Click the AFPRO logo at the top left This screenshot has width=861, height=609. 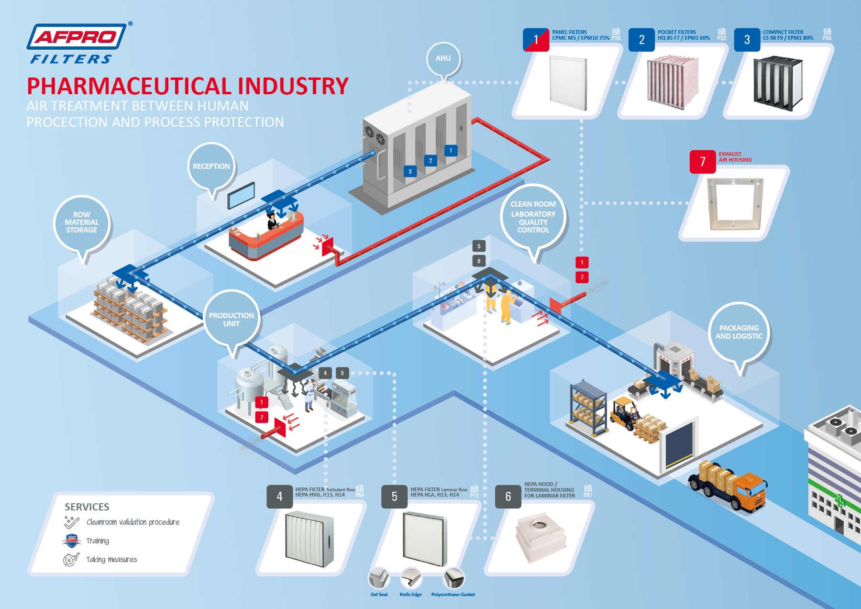pos(77,43)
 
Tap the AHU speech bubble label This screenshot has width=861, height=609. pos(443,58)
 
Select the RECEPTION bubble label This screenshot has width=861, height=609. pos(211,166)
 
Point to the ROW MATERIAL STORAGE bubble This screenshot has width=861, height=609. pos(82,223)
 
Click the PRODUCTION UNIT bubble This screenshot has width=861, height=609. pos(232,320)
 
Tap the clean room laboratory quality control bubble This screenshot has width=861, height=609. pos(533,217)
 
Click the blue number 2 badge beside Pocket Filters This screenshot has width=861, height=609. pos(641,40)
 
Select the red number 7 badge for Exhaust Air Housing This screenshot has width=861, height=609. pos(703,162)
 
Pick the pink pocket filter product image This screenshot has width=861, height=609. pos(673,82)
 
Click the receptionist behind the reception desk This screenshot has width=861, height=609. pos(272,221)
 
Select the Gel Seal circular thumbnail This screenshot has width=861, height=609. pos(379,578)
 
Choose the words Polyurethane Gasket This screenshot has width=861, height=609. pos(453,595)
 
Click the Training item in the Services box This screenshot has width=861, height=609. pos(98,541)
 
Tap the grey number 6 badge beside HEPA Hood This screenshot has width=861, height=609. pos(508,497)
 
